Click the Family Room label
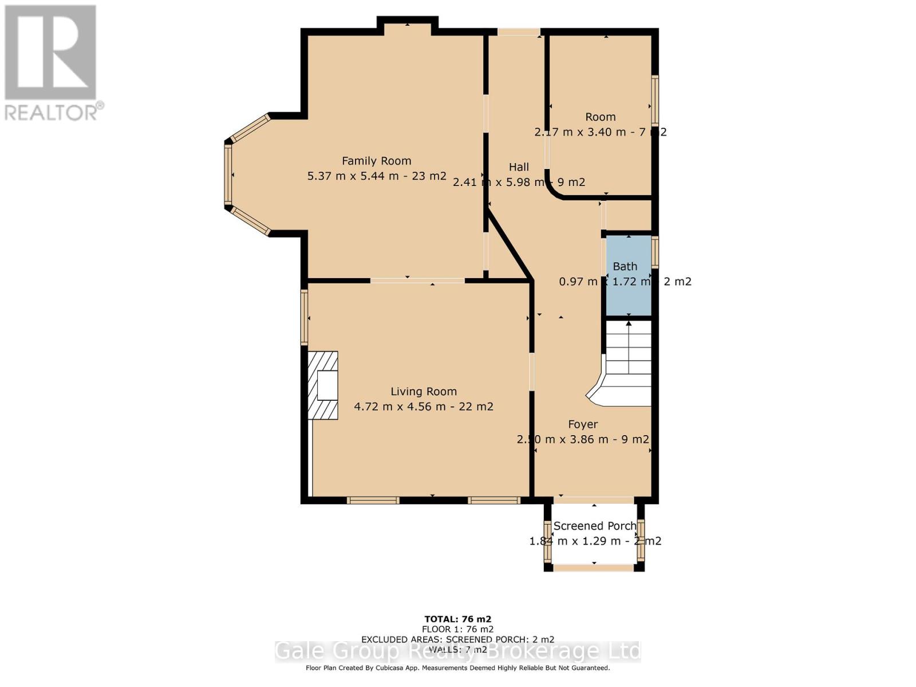tap(376, 161)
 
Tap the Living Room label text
tap(424, 392)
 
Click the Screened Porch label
tap(595, 526)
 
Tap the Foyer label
tap(583, 424)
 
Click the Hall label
tap(519, 167)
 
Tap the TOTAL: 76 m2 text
tap(457, 619)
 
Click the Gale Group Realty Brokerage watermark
tap(458, 652)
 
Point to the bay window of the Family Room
tap(228, 175)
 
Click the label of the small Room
tap(600, 117)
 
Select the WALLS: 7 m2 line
tap(457, 649)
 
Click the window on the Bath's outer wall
tap(656, 252)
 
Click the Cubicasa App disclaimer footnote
tap(457, 668)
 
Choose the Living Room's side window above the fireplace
tap(305, 317)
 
